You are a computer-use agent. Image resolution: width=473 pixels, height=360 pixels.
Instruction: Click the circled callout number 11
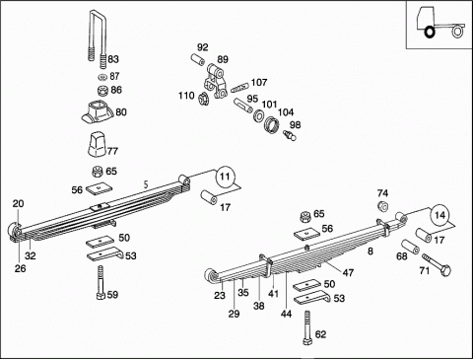tap(225, 177)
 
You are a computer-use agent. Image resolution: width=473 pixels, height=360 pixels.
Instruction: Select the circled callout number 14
tap(439, 215)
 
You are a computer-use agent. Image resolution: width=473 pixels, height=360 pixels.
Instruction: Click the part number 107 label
tap(259, 82)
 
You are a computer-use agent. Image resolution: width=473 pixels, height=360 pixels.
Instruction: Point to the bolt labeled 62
tap(307, 328)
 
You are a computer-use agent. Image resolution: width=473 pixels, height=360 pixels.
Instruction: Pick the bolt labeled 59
tap(101, 283)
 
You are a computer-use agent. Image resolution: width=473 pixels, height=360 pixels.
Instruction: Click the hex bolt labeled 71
tap(437, 264)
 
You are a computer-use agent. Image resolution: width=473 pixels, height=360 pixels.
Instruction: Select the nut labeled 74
tap(383, 206)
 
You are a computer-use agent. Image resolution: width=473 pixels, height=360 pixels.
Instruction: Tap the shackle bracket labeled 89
tap(215, 81)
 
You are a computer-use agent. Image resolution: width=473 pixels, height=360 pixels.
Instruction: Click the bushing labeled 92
tap(198, 60)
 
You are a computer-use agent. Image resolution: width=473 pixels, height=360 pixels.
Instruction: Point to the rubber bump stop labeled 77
tap(98, 144)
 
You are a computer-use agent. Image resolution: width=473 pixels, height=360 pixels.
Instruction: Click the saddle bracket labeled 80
tap(98, 112)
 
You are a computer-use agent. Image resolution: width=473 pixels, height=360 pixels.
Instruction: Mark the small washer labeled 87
tap(102, 77)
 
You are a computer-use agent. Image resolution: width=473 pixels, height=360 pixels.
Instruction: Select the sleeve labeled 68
tap(410, 247)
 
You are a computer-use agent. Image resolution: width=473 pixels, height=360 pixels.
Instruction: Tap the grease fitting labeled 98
tap(290, 135)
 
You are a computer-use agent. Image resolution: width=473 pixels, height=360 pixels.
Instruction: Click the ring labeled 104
tap(272, 125)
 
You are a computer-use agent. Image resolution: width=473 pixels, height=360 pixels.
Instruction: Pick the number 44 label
tap(286, 314)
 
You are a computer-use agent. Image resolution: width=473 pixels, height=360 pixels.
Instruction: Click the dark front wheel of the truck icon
tap(430, 33)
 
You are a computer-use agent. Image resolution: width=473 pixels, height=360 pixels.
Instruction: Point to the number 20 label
tap(19, 204)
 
